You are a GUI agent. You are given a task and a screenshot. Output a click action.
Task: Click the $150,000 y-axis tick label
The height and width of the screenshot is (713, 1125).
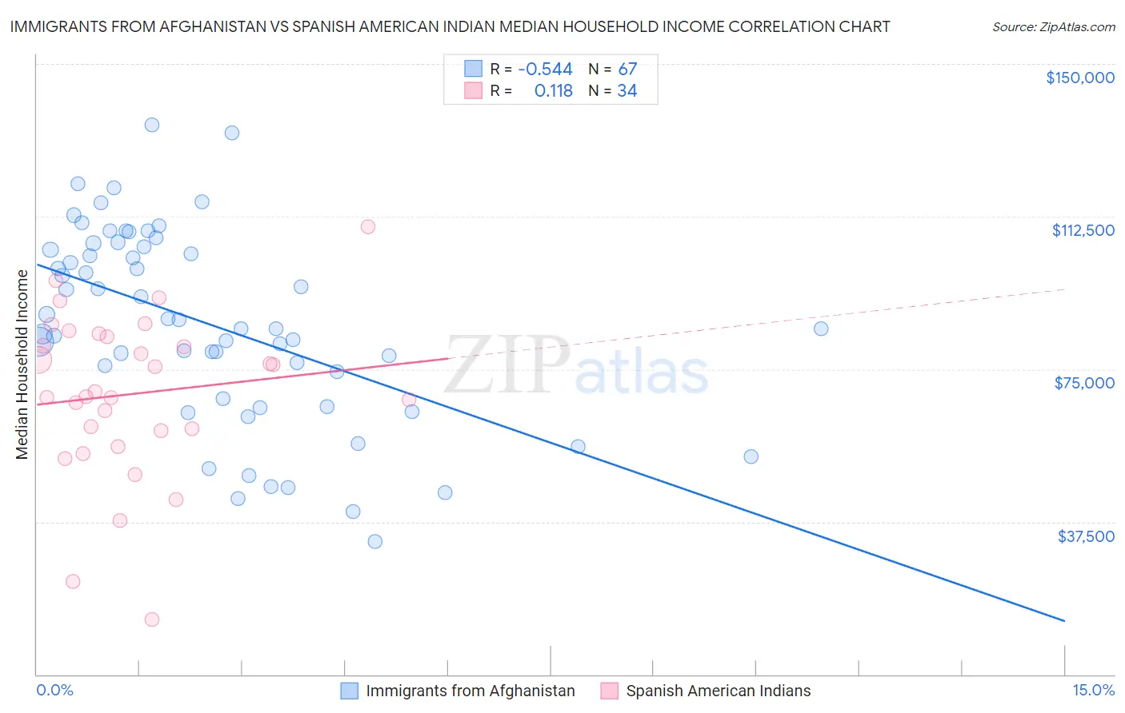[x=1079, y=78]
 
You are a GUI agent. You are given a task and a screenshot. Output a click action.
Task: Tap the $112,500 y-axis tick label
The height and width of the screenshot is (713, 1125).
[x=1083, y=230]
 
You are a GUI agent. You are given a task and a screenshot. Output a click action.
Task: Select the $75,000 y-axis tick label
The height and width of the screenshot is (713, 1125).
[x=1084, y=383]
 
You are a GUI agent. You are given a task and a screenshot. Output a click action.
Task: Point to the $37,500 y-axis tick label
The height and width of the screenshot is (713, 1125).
[x=1086, y=536]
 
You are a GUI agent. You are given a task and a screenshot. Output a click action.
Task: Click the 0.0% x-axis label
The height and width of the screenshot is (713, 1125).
[x=54, y=691]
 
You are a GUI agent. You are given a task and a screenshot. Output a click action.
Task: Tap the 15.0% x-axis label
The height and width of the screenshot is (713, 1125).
[x=1093, y=691]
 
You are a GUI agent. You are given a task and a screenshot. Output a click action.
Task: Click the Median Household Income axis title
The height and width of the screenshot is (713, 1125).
[x=22, y=364]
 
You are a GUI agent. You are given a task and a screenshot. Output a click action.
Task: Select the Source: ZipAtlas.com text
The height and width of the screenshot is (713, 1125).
[x=1053, y=27]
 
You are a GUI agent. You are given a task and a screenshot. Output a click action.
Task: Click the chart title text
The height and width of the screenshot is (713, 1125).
[x=450, y=27]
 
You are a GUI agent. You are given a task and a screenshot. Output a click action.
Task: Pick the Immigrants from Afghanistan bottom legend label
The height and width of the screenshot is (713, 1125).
[x=470, y=691]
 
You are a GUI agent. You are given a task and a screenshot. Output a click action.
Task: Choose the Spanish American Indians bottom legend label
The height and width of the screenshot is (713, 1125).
[x=718, y=691]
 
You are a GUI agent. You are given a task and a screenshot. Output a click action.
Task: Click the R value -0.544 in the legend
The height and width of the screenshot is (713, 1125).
[x=545, y=70]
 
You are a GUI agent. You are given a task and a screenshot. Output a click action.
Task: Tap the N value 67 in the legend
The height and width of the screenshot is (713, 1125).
[x=627, y=70]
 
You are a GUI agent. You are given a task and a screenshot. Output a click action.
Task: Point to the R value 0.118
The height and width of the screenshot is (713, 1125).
[x=553, y=91]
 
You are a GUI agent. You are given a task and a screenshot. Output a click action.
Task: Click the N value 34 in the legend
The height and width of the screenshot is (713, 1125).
[x=627, y=91]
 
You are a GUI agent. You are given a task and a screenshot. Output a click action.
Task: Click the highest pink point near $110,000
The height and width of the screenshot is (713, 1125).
[x=368, y=226]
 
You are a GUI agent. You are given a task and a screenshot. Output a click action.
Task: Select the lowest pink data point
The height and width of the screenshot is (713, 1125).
[x=152, y=619]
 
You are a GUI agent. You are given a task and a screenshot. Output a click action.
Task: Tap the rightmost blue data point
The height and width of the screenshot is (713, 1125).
[x=821, y=329]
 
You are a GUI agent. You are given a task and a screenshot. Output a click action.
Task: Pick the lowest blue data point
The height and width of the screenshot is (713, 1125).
[x=374, y=541]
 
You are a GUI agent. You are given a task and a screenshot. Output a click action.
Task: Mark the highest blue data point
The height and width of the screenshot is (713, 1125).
[x=152, y=125]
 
